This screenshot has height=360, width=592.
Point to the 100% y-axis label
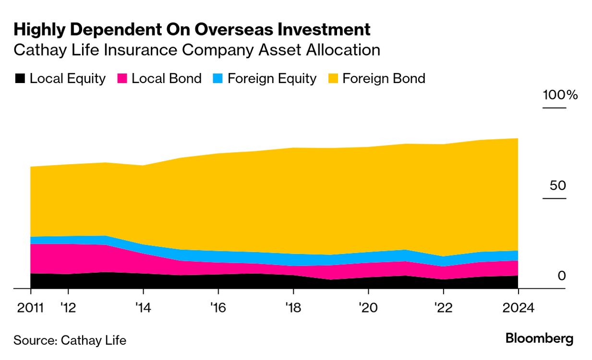(x=560, y=95)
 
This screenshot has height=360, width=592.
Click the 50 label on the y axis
(x=558, y=186)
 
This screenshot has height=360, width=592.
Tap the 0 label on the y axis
(x=562, y=276)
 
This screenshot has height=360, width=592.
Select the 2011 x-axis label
(x=30, y=308)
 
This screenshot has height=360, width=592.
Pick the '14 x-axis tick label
(x=143, y=308)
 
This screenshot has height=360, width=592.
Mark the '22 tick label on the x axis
(x=442, y=308)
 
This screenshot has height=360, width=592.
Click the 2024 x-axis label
(x=518, y=308)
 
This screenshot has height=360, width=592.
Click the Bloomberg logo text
(x=539, y=339)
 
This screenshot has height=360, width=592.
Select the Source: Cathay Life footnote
(x=70, y=340)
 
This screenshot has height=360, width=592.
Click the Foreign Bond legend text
(x=384, y=79)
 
